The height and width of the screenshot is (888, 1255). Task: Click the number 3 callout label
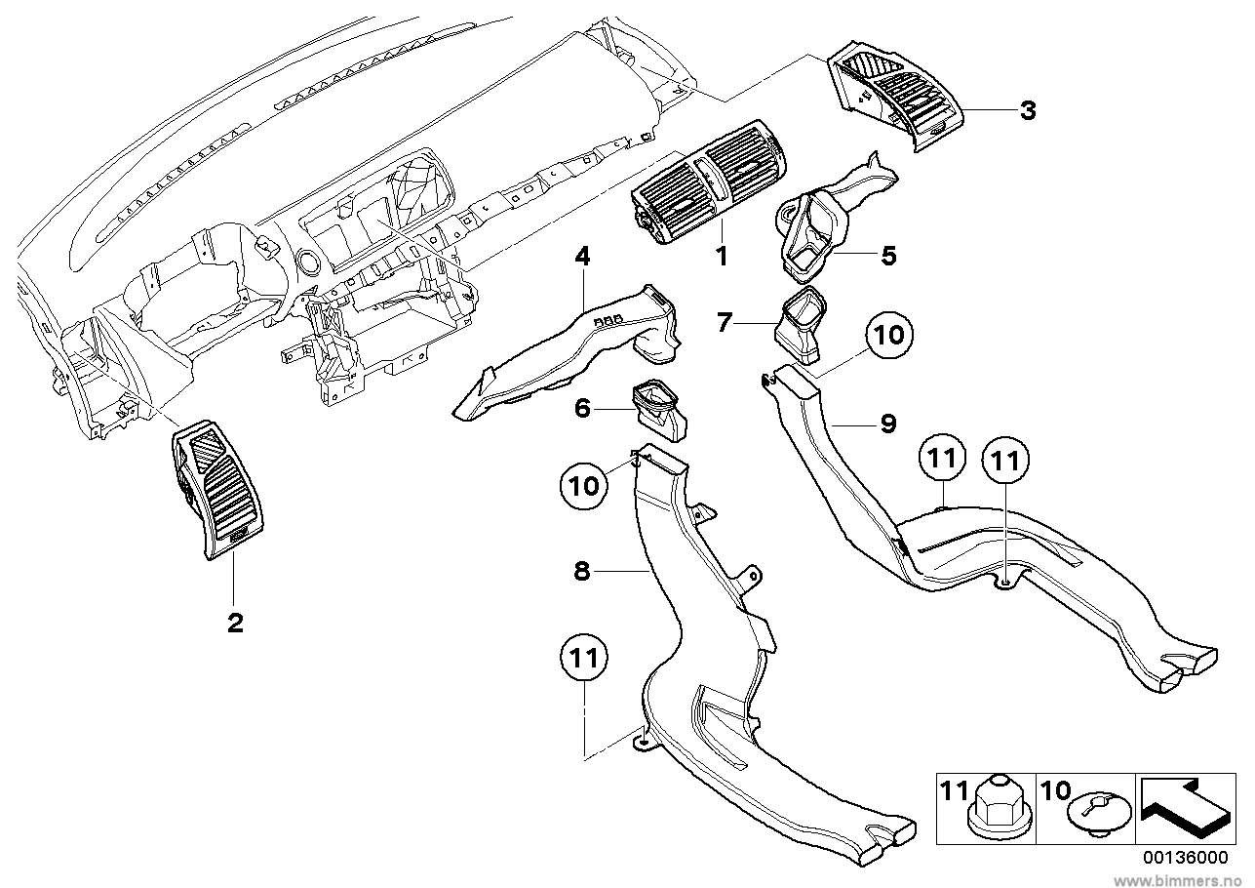(1028, 110)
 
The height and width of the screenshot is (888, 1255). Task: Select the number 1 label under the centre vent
(722, 257)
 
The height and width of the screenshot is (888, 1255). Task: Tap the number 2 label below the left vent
(235, 623)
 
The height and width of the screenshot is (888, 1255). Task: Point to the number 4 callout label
(582, 257)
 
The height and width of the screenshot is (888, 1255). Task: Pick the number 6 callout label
(582, 408)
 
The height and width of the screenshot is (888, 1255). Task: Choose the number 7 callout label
(724, 322)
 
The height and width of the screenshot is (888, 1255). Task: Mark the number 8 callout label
(582, 572)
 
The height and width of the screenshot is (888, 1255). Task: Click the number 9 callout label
(886, 424)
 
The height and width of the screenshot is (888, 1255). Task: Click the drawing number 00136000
(1185, 856)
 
